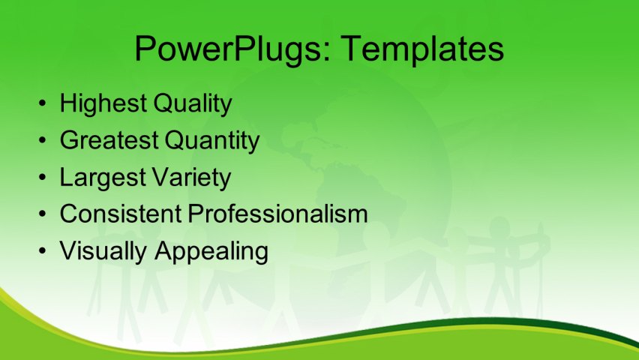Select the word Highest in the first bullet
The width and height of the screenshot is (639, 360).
pos(103,103)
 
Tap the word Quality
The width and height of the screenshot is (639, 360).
pos(192,103)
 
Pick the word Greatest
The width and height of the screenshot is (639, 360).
pos(108,140)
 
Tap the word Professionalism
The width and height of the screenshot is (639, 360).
pos(278,214)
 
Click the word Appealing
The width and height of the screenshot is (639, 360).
pos(211,250)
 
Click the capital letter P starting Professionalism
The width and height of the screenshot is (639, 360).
pos(195,214)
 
